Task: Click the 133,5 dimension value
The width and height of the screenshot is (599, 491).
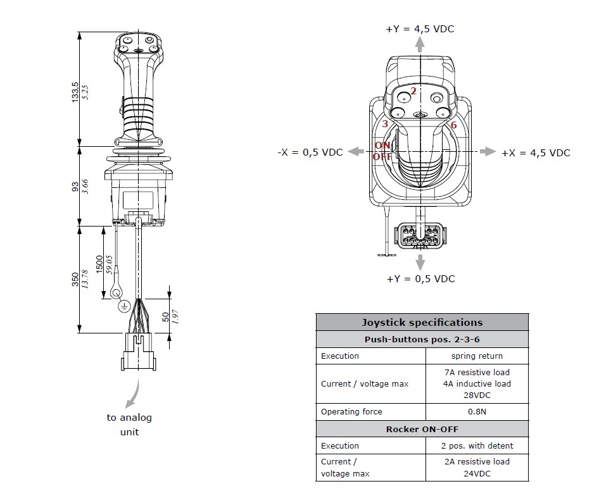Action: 75,91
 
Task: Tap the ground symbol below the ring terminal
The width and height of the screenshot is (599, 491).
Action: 124,306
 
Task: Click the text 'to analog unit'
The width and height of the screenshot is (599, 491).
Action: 129,425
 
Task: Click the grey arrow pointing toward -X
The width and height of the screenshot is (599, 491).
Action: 356,152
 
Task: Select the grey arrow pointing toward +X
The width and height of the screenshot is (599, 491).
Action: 488,152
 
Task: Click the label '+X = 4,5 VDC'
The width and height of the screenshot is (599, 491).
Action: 536,152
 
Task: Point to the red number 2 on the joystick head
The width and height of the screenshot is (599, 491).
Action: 413,91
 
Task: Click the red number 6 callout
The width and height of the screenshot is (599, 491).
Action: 453,125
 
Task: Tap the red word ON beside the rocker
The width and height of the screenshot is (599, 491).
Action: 382,146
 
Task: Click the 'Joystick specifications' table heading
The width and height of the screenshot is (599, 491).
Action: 422,322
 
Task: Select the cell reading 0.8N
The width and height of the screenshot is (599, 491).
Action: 477,411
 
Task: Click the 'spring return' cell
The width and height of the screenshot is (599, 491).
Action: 477,356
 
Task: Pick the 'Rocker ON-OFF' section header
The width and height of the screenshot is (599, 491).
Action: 422,429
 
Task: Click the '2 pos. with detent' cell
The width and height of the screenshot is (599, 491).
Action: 477,445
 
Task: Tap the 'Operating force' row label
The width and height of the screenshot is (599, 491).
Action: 351,411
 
